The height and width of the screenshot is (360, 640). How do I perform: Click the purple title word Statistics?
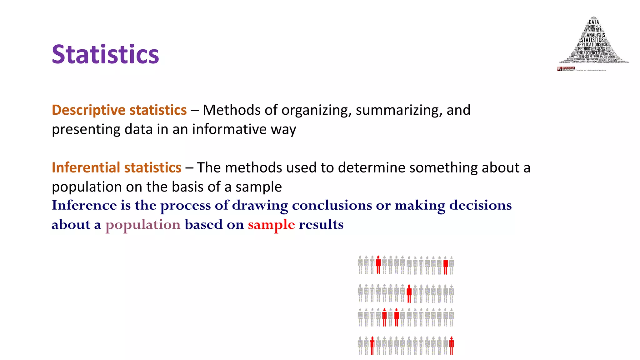pos(105,54)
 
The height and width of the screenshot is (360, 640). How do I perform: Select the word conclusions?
pos(332,205)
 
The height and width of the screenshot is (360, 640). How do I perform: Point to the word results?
pos(321,225)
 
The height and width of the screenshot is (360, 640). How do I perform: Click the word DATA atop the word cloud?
pos(594,22)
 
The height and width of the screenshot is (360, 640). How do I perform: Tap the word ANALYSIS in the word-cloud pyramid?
pos(596,35)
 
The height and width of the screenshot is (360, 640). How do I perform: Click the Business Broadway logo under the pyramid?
pos(566,69)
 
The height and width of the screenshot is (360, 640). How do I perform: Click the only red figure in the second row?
pos(409,294)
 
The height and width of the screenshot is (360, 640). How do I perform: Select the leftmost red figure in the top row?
pos(378,265)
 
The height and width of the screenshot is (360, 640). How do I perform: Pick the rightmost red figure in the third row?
pos(397,317)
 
